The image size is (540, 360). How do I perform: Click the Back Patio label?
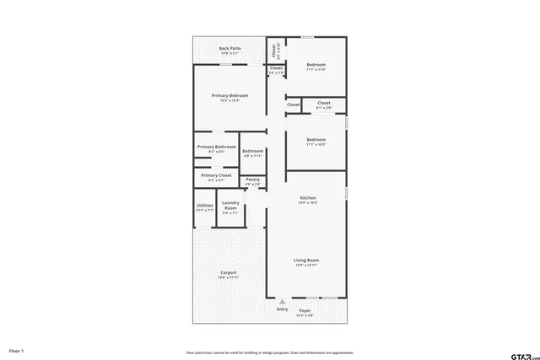click(229, 49)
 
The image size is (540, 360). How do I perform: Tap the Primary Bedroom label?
click(229, 96)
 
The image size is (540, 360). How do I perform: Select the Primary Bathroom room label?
click(216, 147)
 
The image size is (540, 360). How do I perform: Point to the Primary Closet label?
click(216, 175)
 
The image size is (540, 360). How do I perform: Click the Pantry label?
click(252, 180)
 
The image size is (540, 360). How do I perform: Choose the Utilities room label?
click(205, 206)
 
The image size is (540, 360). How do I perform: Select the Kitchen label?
click(308, 198)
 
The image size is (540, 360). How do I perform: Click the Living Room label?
click(306, 261)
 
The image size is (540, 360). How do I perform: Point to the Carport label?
click(229, 272)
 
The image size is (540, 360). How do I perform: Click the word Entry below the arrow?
click(282, 309)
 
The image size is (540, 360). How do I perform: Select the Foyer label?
click(305, 310)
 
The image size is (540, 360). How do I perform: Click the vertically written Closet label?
click(274, 51)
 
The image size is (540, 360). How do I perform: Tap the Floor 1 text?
click(16, 350)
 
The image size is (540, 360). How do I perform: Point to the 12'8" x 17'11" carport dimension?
click(229, 277)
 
